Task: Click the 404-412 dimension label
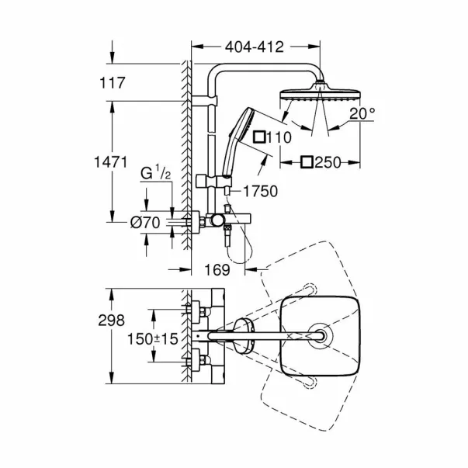coord(254,47)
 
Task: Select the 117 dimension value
coord(113,83)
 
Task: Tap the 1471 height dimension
coord(111,162)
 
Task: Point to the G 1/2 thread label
coord(155,174)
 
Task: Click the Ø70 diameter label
coord(145,223)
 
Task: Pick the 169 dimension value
coord(217,270)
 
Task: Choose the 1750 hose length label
coord(261,191)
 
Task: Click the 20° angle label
coord(362,113)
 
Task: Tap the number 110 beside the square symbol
coord(279,137)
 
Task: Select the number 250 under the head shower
coord(328,163)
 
